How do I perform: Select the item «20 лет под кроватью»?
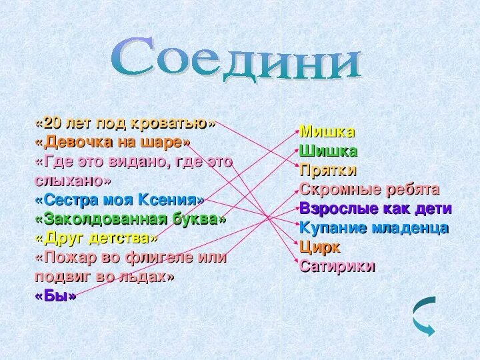click(126, 123)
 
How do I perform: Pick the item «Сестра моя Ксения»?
click(119, 199)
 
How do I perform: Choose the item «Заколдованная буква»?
click(131, 219)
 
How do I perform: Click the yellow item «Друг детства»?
click(97, 238)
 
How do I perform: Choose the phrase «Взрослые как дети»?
click(376, 208)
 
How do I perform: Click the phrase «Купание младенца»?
click(374, 227)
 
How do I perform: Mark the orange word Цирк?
click(320, 247)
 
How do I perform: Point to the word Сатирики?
click(337, 266)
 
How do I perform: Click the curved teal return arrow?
click(423, 314)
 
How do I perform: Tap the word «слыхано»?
click(73, 181)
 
